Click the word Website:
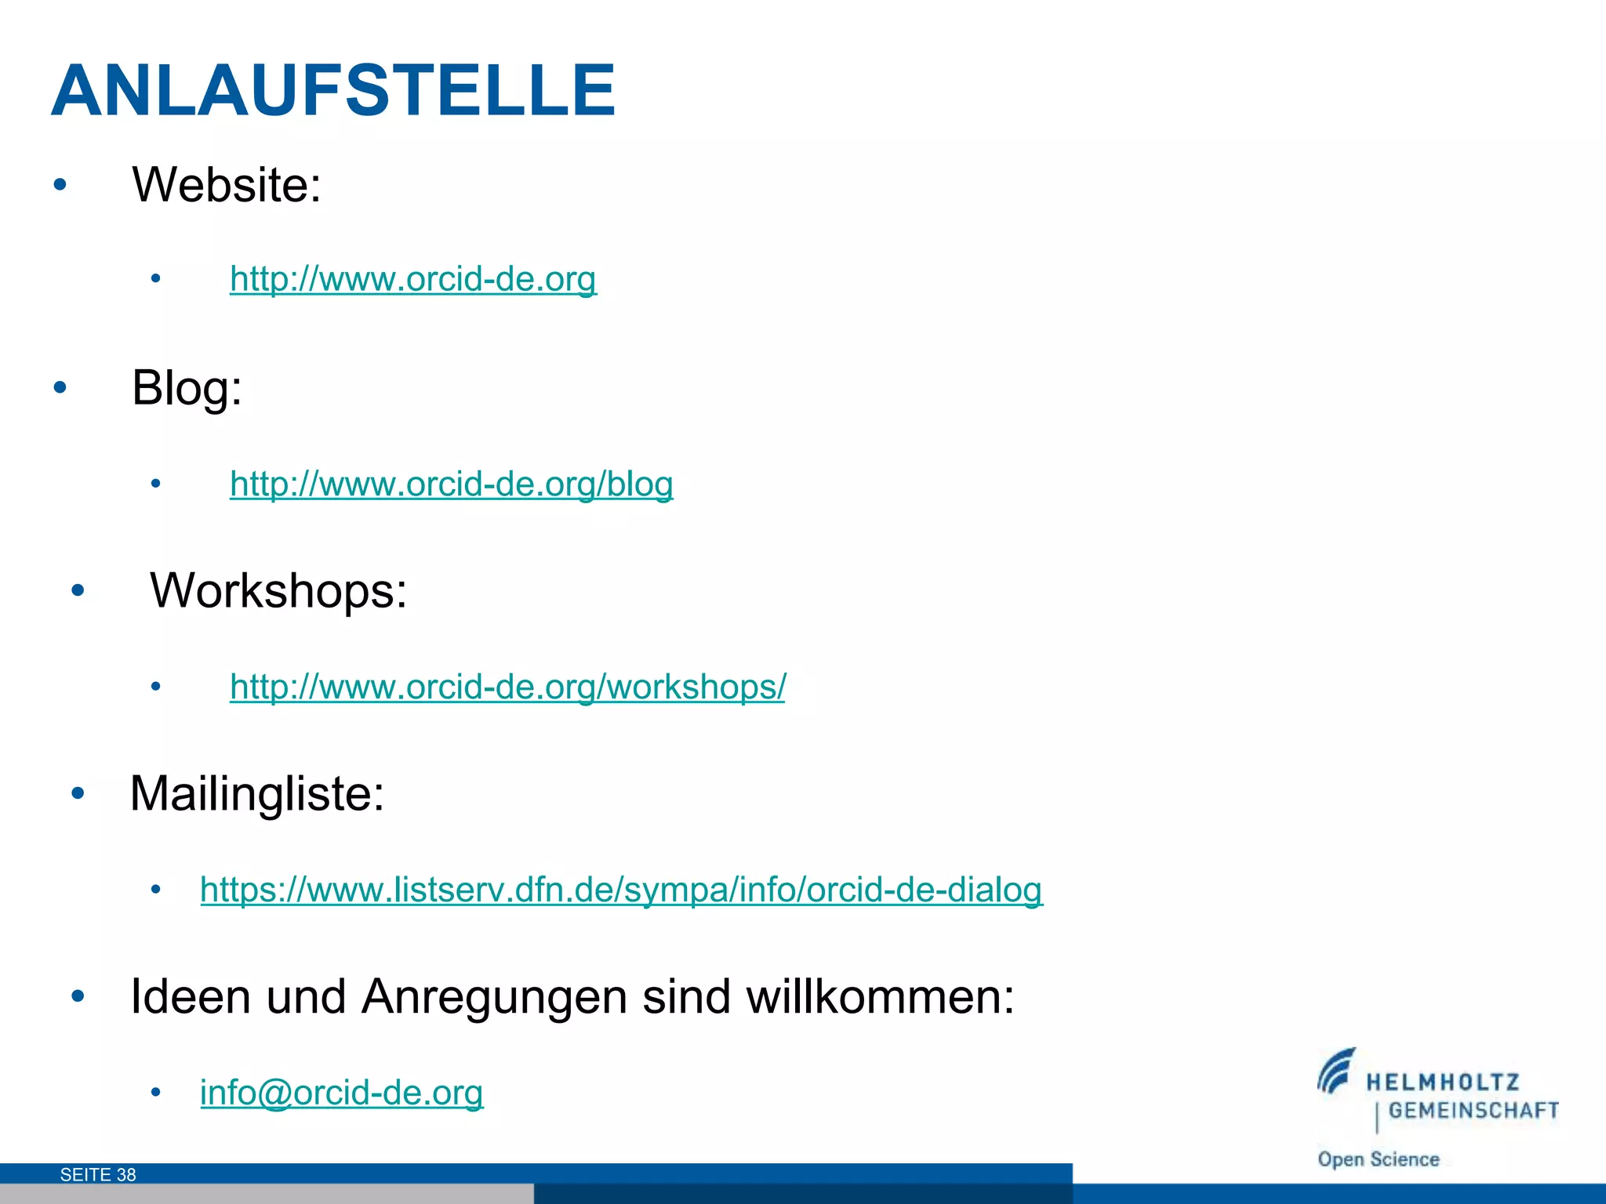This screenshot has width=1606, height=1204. [x=227, y=185]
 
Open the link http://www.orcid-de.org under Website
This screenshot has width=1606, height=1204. [x=413, y=278]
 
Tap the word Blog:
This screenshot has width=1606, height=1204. [x=187, y=387]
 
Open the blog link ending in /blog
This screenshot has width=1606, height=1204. [x=451, y=484]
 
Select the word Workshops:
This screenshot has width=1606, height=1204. [x=278, y=590]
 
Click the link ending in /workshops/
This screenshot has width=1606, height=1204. [x=507, y=687]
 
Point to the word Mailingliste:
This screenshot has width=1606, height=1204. [x=257, y=793]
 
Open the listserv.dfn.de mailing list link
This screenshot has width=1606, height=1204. [x=621, y=890]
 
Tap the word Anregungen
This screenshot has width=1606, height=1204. [x=494, y=997]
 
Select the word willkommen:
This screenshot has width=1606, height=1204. [x=880, y=997]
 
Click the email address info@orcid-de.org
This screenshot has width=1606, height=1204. [x=342, y=1093]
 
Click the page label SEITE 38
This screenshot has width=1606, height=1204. [x=98, y=1174]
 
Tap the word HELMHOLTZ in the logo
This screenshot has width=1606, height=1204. [x=1443, y=1083]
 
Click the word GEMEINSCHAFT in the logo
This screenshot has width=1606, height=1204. [x=1473, y=1110]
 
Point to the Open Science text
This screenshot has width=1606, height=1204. [x=1378, y=1159]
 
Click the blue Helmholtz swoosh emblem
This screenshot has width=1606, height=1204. [x=1335, y=1072]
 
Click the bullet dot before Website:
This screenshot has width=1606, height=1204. [x=60, y=185]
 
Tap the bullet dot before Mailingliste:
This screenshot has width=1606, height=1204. [x=77, y=793]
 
